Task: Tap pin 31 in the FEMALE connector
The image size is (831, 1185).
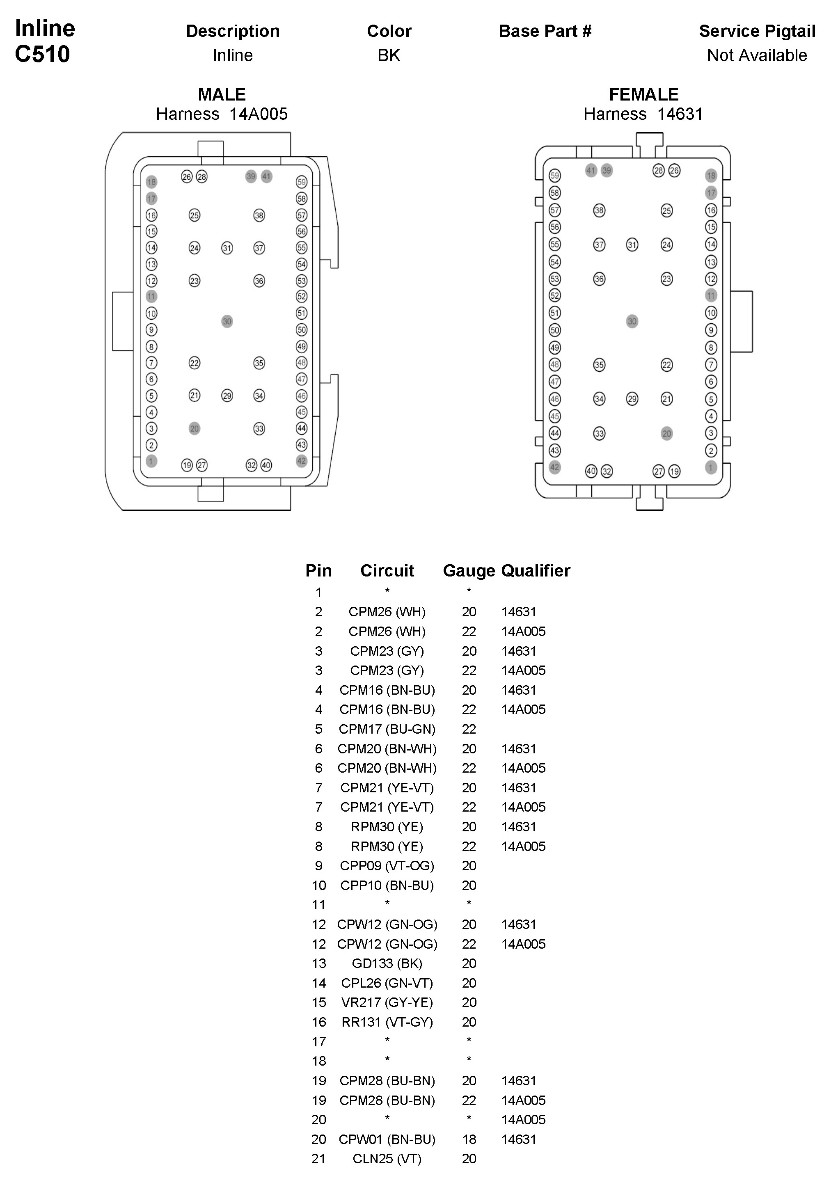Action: (x=632, y=245)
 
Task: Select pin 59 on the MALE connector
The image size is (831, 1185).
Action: (x=302, y=182)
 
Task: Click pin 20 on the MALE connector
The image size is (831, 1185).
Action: (x=194, y=428)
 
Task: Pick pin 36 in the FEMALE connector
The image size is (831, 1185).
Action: (x=599, y=279)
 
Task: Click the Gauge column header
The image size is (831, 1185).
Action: (x=469, y=570)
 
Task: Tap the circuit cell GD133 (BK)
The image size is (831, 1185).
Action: (x=387, y=963)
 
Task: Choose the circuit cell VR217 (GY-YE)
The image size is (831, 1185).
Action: (x=387, y=1002)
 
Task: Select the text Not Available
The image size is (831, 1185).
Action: (x=757, y=55)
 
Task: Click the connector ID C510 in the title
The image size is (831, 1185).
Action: (x=42, y=54)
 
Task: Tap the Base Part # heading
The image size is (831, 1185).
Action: (x=545, y=32)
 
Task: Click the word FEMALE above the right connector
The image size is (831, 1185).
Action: (x=643, y=94)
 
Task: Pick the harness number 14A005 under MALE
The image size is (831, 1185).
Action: (x=258, y=114)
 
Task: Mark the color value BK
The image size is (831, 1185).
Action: (x=389, y=55)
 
